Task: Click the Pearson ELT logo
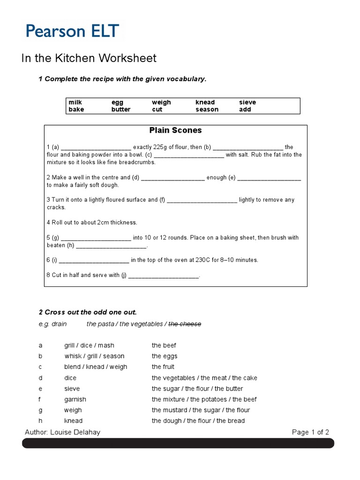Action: tap(72, 31)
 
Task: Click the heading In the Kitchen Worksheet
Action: tap(89, 58)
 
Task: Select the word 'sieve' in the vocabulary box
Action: tap(247, 102)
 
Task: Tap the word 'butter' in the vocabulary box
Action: tap(121, 109)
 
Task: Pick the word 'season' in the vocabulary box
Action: tap(207, 109)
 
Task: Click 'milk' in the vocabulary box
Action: tap(75, 102)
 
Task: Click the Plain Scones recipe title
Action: tap(175, 130)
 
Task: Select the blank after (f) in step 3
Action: tap(202, 200)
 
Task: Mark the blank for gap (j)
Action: tap(163, 276)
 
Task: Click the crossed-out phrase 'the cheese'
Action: tap(185, 324)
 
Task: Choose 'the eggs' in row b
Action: tap(165, 356)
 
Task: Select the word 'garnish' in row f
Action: tap(75, 399)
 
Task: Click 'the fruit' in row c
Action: tap(163, 367)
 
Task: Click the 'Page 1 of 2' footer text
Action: tap(310, 432)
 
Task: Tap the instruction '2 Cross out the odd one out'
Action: tap(88, 312)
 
